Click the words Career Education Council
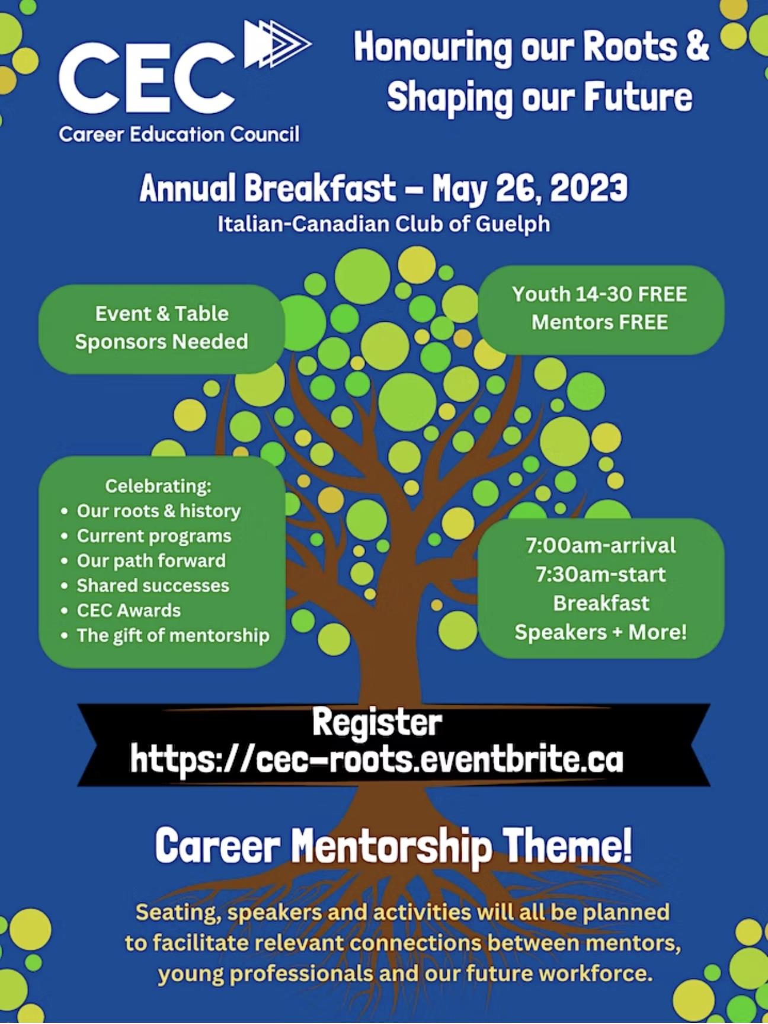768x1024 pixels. [179, 135]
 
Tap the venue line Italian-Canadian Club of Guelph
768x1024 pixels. [384, 224]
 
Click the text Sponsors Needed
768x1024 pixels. [161, 342]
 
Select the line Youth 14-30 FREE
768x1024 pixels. [600, 294]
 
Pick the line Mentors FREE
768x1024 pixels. [600, 322]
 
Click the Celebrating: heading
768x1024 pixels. [158, 486]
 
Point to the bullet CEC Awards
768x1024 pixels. [129, 610]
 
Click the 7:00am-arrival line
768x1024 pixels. [601, 545]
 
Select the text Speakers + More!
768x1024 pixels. [601, 632]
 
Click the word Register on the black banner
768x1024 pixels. [377, 723]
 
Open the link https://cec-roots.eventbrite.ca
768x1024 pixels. [377, 759]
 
